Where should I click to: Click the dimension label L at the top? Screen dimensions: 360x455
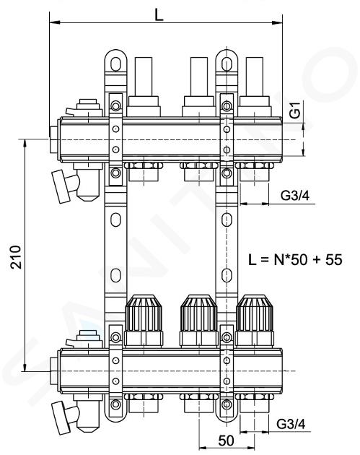(x=159, y=14)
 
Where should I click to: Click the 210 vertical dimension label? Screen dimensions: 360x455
(x=16, y=257)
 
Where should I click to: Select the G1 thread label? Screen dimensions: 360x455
(x=295, y=110)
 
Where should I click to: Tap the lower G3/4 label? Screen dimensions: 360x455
(x=291, y=424)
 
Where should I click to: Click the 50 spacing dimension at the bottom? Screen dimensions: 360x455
(x=226, y=441)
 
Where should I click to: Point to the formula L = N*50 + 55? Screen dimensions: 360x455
(x=295, y=259)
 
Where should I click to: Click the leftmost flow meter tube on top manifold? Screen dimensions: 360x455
(x=144, y=77)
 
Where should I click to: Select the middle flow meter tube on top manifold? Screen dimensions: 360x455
(x=199, y=77)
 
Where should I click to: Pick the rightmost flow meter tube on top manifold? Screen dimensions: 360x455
(x=255, y=77)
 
